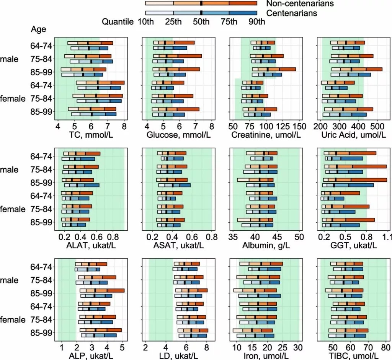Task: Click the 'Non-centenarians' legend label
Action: [x=300, y=3]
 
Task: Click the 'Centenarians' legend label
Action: [x=292, y=13]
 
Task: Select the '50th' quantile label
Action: [x=201, y=22]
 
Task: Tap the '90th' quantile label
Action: [x=256, y=22]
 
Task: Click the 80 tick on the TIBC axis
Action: [x=385, y=347]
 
